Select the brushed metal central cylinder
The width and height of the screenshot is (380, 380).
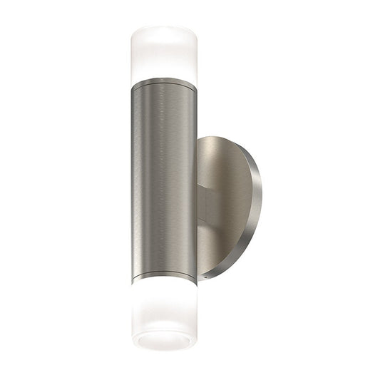click(x=164, y=178)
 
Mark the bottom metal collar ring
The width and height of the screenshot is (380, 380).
click(x=164, y=274)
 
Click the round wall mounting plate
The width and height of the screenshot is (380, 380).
click(x=228, y=207)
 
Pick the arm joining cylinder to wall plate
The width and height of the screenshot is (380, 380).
click(x=204, y=207)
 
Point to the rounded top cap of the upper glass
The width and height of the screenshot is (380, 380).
click(x=164, y=30)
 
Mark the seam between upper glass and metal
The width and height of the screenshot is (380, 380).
click(x=164, y=77)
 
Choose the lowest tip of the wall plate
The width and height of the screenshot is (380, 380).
click(x=214, y=279)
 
